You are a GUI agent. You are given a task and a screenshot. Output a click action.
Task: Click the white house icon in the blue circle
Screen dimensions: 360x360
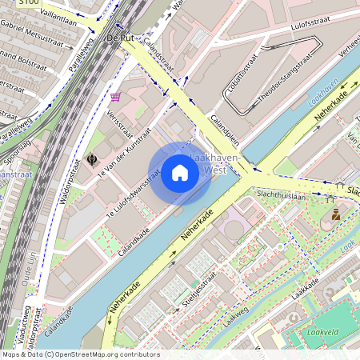click(x=180, y=173)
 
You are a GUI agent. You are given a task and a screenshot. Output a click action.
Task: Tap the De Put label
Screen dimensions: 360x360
click(x=118, y=38)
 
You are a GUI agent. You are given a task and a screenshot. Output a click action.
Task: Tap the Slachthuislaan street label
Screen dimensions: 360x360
click(x=281, y=195)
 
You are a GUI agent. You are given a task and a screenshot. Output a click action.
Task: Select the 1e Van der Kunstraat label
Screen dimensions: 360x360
click(x=123, y=155)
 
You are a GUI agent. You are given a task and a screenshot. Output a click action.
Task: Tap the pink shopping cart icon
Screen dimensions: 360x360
click(x=117, y=97)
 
